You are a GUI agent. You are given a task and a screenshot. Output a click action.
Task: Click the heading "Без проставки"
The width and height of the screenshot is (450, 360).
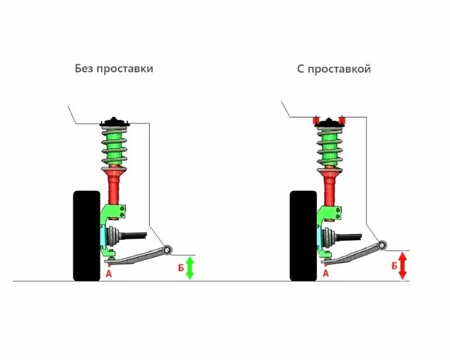pos(114,68)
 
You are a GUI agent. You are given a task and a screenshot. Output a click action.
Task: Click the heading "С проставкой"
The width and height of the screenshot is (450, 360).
pos(333,69)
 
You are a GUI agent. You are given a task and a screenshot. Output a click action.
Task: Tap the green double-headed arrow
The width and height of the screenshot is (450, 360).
pos(189,267)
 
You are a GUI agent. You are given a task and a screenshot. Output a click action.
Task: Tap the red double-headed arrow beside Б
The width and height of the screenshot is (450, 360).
pos(402,266)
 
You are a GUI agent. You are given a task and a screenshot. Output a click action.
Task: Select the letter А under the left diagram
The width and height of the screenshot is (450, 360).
pos(109,272)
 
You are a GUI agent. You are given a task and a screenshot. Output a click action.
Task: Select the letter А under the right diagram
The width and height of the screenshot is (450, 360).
pos(326,272)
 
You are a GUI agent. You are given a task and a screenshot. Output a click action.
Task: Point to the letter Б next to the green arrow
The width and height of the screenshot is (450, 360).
pos(180,268)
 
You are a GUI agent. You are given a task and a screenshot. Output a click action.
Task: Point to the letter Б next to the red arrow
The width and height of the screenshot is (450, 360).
pos(394,266)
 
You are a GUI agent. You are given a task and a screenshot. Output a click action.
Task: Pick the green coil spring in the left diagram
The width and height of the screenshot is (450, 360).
pos(115,146)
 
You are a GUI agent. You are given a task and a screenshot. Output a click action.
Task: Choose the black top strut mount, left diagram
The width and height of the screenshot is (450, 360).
pos(115,122)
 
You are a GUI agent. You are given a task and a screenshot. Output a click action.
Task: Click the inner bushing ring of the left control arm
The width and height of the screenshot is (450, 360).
pos(168,250)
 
